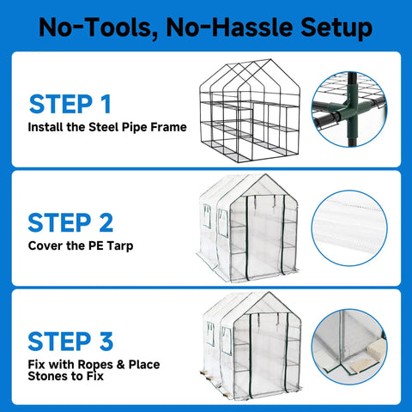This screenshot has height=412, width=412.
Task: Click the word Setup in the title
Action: [336, 27]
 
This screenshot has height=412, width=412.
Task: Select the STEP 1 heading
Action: [70, 104]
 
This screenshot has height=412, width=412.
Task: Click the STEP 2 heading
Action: [70, 222]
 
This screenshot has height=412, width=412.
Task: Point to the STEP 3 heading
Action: [70, 341]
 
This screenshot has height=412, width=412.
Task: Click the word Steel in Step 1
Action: [104, 127]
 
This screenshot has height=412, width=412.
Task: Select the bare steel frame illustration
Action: [250, 111]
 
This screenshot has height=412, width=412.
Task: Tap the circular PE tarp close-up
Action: [349, 228]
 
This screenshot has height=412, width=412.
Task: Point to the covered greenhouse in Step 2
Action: [248, 228]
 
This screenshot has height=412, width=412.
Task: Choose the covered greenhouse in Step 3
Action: [251, 346]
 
